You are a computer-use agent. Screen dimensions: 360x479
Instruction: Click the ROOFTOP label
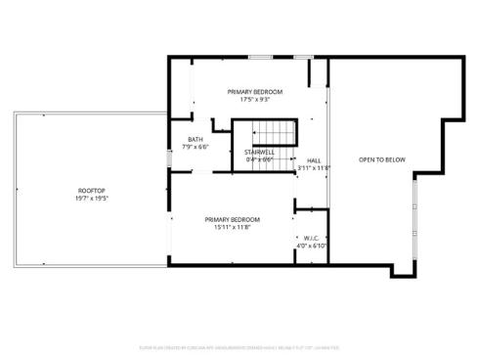(x=93, y=190)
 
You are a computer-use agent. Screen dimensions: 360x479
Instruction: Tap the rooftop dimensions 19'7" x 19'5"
(x=93, y=199)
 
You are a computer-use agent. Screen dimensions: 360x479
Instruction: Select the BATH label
(x=196, y=140)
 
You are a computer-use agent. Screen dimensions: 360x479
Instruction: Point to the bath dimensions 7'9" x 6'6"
(x=196, y=148)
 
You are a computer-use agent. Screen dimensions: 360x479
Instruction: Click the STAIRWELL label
(x=259, y=152)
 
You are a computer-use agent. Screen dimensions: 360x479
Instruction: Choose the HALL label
(x=314, y=159)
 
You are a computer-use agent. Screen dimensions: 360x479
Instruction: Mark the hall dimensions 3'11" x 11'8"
(x=314, y=167)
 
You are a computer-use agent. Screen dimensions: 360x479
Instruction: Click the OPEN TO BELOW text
(x=381, y=159)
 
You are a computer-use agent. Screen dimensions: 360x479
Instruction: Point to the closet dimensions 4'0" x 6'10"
(x=312, y=246)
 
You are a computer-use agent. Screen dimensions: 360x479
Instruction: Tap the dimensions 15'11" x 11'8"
(x=233, y=227)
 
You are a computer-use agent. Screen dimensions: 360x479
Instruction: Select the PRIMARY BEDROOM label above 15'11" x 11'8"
(x=233, y=219)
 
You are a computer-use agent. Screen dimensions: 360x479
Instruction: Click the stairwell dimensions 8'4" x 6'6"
(x=259, y=159)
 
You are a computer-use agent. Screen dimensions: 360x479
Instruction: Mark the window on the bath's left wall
(x=168, y=156)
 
